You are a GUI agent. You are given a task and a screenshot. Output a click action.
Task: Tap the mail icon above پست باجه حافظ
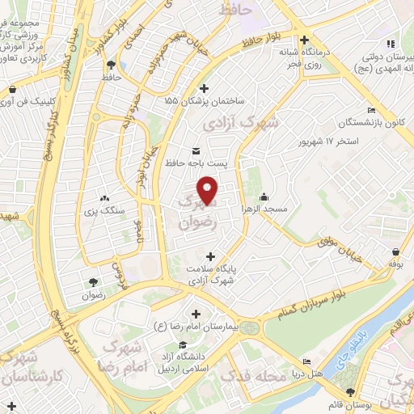(x=196, y=150)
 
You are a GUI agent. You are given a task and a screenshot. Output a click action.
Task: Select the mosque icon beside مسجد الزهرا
(x=264, y=196)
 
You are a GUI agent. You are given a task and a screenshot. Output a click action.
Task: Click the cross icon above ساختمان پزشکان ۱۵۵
(x=204, y=88)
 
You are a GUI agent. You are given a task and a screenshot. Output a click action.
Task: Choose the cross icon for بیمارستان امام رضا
(x=196, y=313)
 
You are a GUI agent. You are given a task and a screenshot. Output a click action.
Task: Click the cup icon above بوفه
(x=395, y=251)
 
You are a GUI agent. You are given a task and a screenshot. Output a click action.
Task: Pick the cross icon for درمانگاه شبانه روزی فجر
(x=304, y=40)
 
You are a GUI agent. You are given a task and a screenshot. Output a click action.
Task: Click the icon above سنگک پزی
(x=103, y=197)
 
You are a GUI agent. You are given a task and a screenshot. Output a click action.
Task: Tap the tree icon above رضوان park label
(x=94, y=282)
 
